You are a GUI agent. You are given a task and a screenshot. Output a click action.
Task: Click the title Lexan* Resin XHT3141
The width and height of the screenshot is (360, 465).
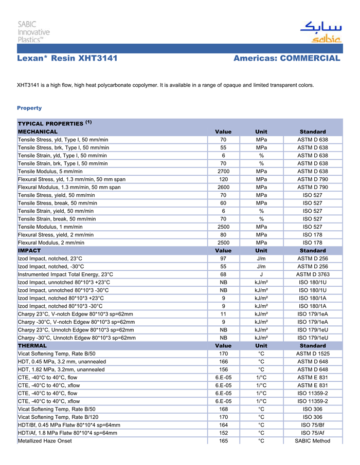pos(67,59)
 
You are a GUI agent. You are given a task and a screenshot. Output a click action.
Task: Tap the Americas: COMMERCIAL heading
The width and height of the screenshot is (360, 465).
pos(286,59)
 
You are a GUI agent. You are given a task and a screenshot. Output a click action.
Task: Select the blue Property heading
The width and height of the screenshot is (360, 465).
pos(29,108)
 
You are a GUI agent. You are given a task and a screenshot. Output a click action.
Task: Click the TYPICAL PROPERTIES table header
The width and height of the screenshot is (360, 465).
pos(55,124)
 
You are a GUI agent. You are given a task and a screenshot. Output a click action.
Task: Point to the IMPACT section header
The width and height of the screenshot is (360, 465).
pos(29,251)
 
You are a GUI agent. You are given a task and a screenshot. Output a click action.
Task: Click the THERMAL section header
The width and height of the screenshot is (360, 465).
pos(32,346)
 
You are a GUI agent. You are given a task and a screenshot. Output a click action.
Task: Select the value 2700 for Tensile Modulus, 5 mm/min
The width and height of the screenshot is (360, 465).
pos(223,172)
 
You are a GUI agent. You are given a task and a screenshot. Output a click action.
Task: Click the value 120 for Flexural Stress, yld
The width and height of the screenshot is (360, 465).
pos(223,179)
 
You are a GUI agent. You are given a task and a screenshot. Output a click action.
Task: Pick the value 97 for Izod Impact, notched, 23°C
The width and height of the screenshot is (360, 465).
pos(223,258)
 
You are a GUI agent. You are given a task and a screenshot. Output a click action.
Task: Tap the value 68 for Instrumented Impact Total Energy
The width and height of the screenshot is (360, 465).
pos(223,274)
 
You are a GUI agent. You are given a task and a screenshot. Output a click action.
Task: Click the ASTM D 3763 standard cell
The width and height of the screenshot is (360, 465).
pos(313,274)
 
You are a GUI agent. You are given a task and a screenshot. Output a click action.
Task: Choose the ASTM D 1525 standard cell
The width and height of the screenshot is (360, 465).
pos(313,354)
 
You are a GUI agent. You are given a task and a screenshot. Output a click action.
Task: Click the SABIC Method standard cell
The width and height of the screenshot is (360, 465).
pos(313,441)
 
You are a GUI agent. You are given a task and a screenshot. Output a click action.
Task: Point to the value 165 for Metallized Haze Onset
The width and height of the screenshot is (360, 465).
pos(223,441)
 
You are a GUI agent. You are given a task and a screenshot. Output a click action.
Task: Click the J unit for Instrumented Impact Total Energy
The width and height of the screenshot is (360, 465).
pos(261,274)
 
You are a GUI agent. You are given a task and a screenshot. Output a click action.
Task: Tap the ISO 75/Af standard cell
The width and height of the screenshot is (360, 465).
pos(313,433)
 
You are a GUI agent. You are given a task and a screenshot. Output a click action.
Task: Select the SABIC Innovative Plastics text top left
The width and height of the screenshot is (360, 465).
pos(34,32)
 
